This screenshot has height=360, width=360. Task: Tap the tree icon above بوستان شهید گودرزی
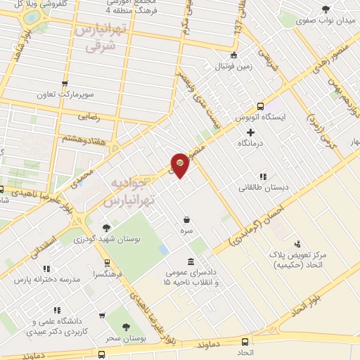coord(105,227)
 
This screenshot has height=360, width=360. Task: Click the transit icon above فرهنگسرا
coord(107,263)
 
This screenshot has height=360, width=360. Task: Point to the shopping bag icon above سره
coord(186,219)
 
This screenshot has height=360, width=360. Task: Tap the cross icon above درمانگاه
coord(250,132)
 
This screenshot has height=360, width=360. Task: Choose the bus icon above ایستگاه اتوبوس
coord(261,105)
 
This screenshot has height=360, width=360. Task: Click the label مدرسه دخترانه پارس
coord(46,280)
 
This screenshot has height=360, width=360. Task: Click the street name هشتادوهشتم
coord(82,138)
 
